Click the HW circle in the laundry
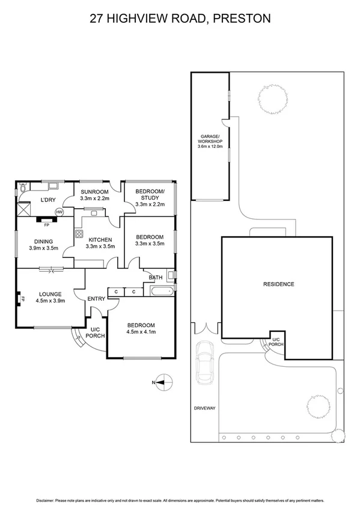click(x=59, y=212)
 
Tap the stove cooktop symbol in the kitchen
click(x=78, y=233)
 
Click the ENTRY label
click(x=96, y=299)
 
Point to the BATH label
click(x=156, y=278)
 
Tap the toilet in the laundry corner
click(x=22, y=188)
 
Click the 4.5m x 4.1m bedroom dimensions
click(x=141, y=331)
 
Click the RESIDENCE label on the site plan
click(x=278, y=284)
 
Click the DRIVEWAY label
click(x=204, y=408)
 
